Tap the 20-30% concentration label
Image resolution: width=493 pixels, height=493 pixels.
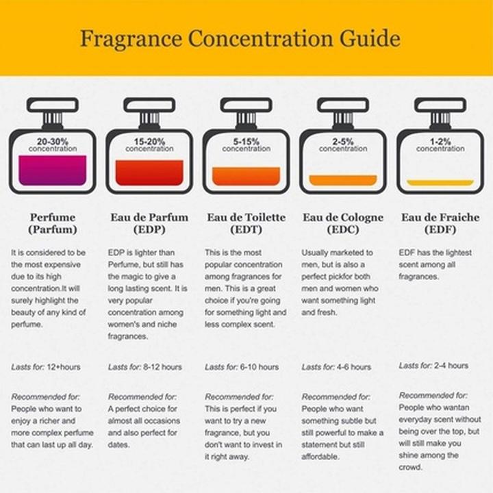pyautogui.click(x=53, y=144)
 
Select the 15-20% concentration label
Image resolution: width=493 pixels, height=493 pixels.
pyautogui.click(x=149, y=144)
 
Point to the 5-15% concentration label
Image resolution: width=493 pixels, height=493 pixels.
pyautogui.click(x=246, y=144)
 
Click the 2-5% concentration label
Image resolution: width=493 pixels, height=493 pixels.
pyautogui.click(x=342, y=144)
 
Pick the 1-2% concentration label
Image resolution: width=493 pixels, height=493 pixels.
pyautogui.click(x=439, y=144)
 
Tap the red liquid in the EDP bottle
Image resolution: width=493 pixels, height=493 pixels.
pyautogui.click(x=149, y=173)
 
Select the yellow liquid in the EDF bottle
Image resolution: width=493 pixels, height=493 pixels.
pyautogui.click(x=440, y=183)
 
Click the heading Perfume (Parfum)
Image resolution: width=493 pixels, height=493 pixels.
pyautogui.click(x=53, y=223)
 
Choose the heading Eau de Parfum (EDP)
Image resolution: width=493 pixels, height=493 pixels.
pyautogui.click(x=149, y=223)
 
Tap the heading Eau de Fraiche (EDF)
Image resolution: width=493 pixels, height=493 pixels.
pyautogui.click(x=440, y=223)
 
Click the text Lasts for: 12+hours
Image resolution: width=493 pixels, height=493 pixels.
pyautogui.click(x=46, y=367)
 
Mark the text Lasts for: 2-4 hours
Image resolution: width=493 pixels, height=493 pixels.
pyautogui.click(x=433, y=366)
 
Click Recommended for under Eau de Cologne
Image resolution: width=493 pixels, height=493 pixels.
pyautogui.click(x=336, y=396)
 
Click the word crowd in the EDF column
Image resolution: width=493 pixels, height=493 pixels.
pyautogui.click(x=411, y=468)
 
